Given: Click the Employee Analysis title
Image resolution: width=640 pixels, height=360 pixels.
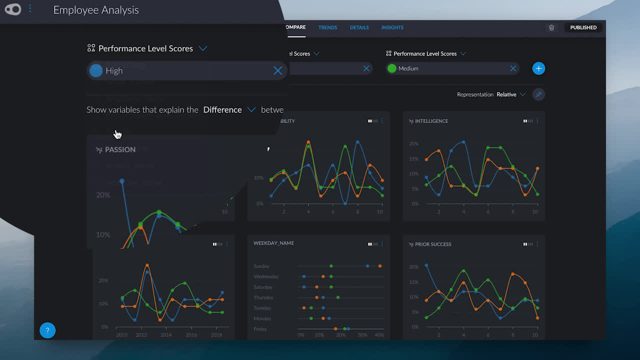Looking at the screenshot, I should point(96,10).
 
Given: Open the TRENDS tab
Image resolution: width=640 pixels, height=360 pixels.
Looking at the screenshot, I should point(327,27).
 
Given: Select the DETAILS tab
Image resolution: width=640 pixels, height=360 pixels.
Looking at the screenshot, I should point(359,27).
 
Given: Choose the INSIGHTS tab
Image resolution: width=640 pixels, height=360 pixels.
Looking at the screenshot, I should point(392,27).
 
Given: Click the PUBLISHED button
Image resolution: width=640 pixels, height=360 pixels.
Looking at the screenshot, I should point(583,27).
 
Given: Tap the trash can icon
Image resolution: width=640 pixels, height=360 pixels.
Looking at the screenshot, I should point(551,27).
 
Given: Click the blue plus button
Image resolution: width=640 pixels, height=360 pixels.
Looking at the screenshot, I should point(538,68).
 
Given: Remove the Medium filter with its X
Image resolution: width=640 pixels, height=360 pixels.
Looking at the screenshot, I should point(512,68).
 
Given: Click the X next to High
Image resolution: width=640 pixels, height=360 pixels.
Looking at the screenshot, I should point(277,70).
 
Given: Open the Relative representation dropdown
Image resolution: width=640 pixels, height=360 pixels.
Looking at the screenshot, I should point(510,94).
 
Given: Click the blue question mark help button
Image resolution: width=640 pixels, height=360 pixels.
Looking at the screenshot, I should point(47,330).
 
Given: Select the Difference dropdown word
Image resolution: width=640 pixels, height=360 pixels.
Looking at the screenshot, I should point(222,109).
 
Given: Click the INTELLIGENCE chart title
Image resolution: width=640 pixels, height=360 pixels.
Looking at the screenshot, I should point(431,121).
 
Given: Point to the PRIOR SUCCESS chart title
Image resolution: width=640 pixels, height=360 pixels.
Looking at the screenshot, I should point(433,244).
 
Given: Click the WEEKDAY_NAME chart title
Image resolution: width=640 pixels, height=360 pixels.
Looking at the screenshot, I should point(273,243).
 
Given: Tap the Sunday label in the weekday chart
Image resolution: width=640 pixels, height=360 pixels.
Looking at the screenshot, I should point(261,266).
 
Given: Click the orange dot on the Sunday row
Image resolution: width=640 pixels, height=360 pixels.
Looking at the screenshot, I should point(380,266).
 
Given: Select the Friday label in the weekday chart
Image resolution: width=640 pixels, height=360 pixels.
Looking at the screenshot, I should point(260,329).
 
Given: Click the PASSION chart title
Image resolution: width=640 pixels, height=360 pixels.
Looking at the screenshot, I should point(120,149).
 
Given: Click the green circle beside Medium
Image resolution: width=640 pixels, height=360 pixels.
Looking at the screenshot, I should point(392,68).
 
